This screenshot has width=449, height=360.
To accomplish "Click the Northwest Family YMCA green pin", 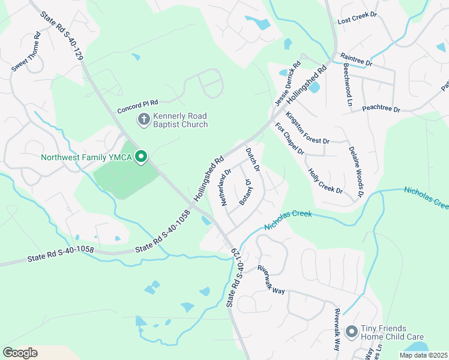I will pos(142,157).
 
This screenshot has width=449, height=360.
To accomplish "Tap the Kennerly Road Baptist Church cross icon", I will pos(144,119).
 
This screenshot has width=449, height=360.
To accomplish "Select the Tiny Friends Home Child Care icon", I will pos(352,331).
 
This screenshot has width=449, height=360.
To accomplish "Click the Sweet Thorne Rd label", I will pos(26,52).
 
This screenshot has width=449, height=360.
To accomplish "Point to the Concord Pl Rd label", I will pos(137,107).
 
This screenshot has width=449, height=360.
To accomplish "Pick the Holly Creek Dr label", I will pos(325,181).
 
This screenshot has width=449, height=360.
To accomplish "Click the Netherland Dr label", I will pos(226,187).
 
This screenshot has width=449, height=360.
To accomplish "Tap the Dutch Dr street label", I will pos(253,160).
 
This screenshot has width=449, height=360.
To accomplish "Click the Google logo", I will pos(20,353).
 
